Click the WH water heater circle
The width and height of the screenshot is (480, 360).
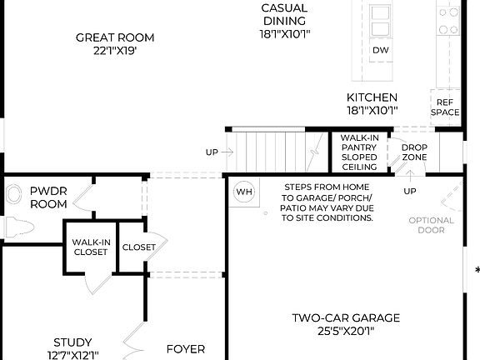click(x=244, y=192)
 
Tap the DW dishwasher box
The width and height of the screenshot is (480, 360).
click(x=380, y=51)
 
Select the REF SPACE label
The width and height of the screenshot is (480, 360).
click(x=444, y=106)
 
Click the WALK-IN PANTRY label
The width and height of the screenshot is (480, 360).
click(x=358, y=152)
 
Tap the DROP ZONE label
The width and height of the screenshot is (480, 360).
click(x=414, y=152)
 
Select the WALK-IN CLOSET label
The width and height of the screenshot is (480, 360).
click(x=89, y=247)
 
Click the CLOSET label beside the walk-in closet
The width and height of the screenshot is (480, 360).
click(x=138, y=247)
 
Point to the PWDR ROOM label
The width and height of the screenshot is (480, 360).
click(x=48, y=197)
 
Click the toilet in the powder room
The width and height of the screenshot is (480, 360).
click(x=16, y=226)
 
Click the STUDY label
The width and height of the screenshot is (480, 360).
click(x=72, y=342)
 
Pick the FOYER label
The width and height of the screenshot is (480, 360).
click(x=185, y=349)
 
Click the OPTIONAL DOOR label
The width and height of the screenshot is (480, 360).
click(x=431, y=225)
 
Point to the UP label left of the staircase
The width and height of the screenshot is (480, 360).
click(x=212, y=152)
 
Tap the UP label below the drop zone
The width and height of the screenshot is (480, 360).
click(x=409, y=192)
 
